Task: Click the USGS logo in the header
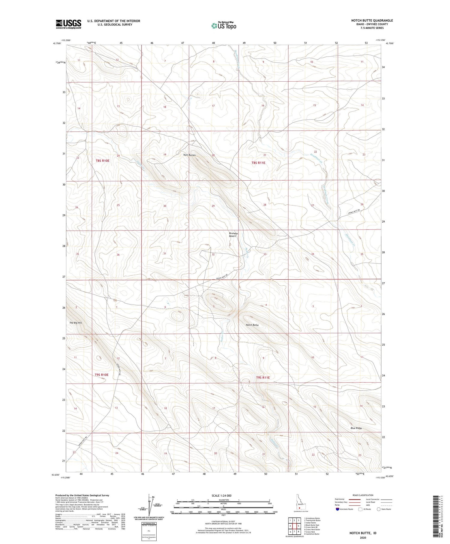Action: click(x=68, y=24)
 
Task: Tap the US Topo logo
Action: click(x=223, y=26)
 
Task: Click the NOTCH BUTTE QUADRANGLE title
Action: click(x=372, y=21)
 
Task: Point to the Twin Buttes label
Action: click(x=189, y=155)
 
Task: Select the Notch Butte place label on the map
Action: click(x=252, y=325)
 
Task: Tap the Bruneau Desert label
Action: click(x=233, y=234)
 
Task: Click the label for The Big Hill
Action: click(x=76, y=323)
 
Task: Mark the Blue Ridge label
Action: click(x=356, y=428)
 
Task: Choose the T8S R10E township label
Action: click(x=103, y=161)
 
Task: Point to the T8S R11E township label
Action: click(x=258, y=163)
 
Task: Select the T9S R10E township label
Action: click(x=101, y=375)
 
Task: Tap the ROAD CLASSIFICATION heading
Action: click(x=363, y=495)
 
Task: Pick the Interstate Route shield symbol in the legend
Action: click(x=337, y=509)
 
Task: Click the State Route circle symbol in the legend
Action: click(x=379, y=509)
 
